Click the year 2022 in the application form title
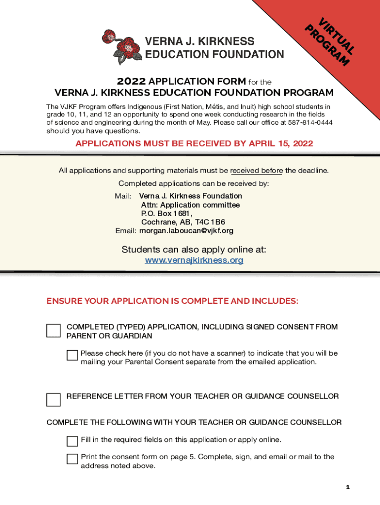point(131,81)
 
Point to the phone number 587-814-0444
point(311,122)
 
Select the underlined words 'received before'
point(256,171)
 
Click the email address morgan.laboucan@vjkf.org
point(186,231)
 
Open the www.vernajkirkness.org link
point(194,260)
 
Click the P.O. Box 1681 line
point(166,214)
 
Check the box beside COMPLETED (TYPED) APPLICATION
point(53,331)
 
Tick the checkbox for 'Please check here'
point(73,356)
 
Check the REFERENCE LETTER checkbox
point(53,399)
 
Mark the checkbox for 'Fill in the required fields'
point(73,441)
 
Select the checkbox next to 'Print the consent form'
point(73,459)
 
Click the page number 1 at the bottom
point(347,487)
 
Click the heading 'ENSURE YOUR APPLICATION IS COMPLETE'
point(172,301)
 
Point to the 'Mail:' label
point(123,196)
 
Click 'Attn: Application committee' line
point(190,205)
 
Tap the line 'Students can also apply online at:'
point(194,250)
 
